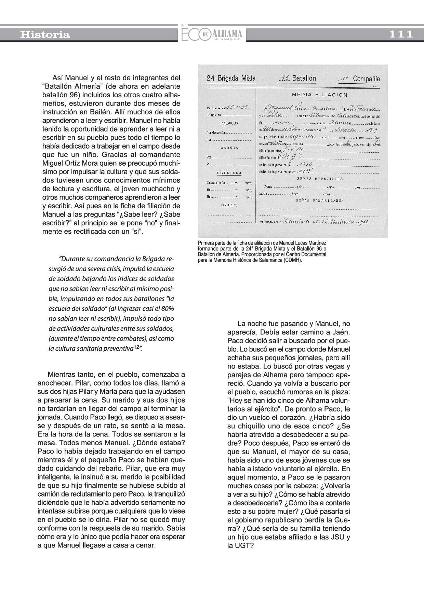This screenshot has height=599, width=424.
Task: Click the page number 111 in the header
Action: [x=401, y=34]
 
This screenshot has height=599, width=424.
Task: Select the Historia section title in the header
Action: [x=45, y=35]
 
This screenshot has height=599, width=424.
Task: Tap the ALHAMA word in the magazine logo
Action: [x=227, y=33]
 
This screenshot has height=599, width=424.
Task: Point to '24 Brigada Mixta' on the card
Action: [x=231, y=78]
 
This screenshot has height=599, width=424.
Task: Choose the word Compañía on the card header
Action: [x=366, y=79]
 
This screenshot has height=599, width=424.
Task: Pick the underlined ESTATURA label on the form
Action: [x=229, y=173]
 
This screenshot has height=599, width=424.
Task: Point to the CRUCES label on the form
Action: [x=229, y=205]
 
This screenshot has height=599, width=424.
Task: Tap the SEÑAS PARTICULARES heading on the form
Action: [x=319, y=201]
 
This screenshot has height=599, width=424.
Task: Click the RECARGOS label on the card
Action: [x=229, y=123]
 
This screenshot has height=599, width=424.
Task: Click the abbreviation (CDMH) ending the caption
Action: [x=293, y=260]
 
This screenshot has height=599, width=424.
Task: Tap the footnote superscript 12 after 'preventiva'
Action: [x=136, y=347]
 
